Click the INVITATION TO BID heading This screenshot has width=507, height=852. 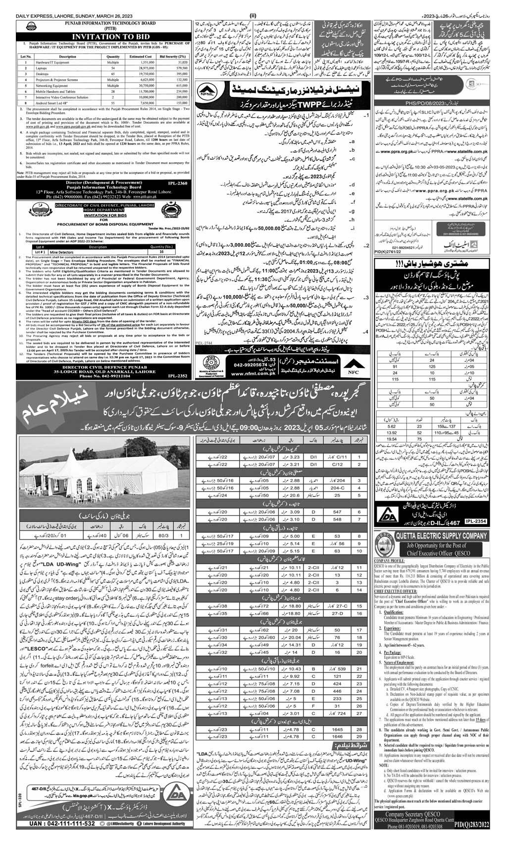94,36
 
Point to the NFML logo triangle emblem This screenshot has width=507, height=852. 206,90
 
